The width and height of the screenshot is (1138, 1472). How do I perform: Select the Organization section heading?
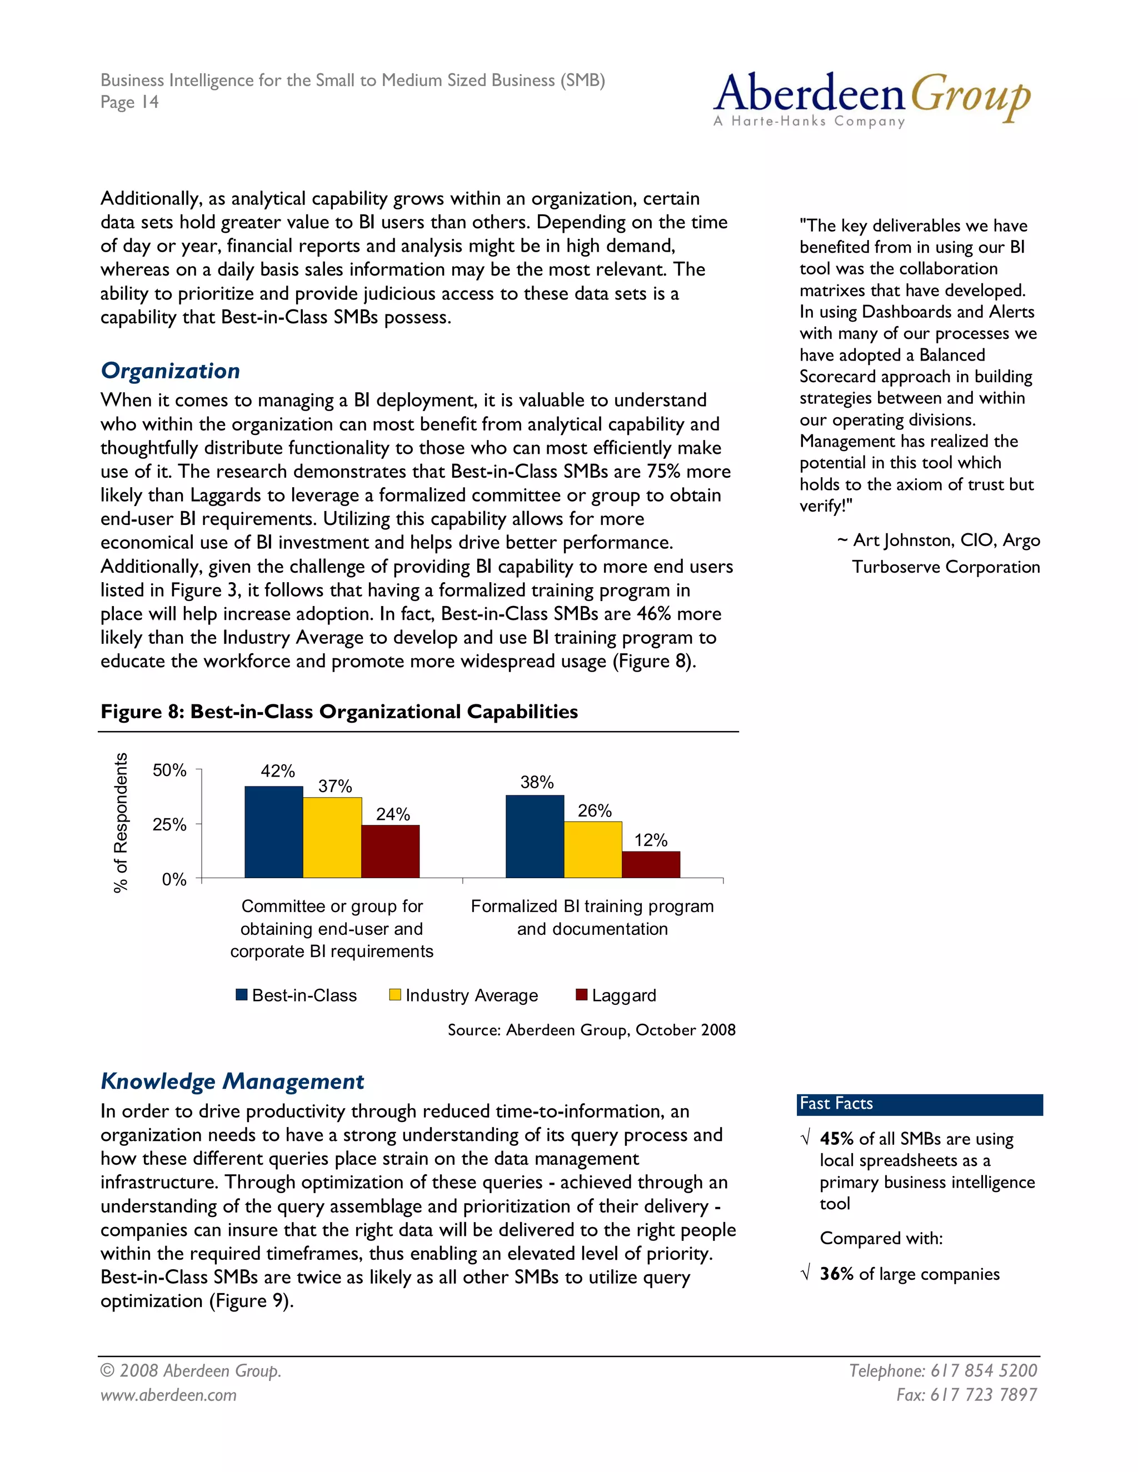[170, 370]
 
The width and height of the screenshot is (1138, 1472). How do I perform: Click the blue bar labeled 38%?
[535, 837]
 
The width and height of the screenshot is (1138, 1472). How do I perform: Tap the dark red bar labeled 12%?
[651, 864]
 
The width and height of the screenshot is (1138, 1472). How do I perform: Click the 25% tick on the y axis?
[169, 824]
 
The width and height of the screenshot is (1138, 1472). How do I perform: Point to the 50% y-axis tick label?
[169, 770]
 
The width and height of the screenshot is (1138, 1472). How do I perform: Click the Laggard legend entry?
[616, 995]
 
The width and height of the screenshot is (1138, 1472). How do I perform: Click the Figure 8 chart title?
[339, 712]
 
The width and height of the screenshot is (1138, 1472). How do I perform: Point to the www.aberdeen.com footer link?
[168, 1394]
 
